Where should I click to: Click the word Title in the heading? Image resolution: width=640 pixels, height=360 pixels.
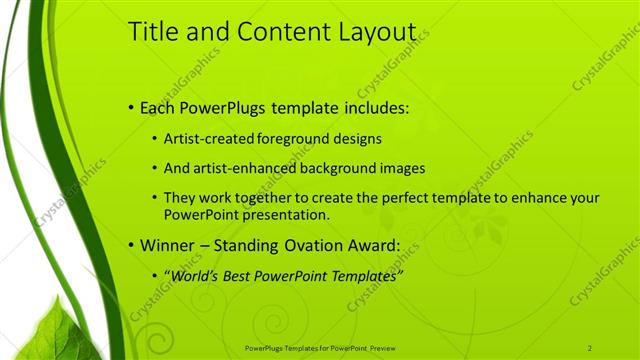coord(153,32)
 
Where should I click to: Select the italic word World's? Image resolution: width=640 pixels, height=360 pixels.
coord(194,274)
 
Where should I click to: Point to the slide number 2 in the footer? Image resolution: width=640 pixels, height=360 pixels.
coord(589,347)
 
